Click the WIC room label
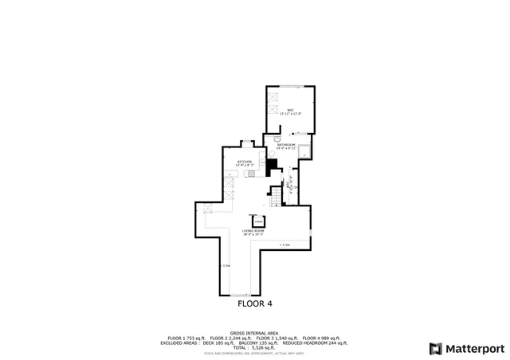291,110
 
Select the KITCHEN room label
244,162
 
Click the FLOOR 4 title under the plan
255,303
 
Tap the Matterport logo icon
434,348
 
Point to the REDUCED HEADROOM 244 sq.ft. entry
314,342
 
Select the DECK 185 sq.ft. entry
209,342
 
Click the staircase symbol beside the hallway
277,197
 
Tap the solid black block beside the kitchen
272,166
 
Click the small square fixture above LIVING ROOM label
257,220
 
